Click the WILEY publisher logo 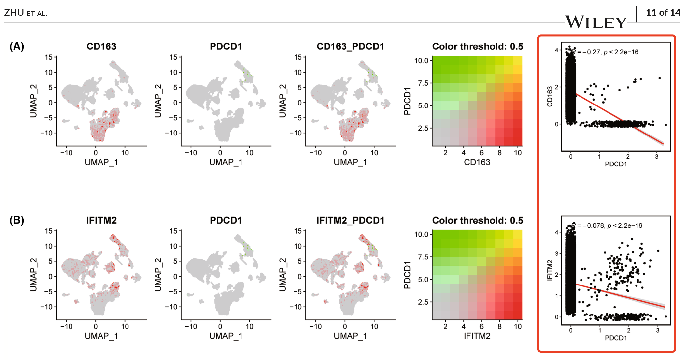pos(596,23)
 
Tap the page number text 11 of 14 pos(663,13)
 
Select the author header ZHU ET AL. pos(26,13)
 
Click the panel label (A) pos(17,46)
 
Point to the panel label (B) pos(17,220)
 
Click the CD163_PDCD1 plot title pos(350,47)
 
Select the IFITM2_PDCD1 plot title pos(350,221)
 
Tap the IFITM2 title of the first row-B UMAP pos(101,221)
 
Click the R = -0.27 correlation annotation pos(606,52)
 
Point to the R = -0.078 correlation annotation pos(608,226)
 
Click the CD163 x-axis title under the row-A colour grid pos(477,162)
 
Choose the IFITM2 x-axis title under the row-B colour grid pos(477,336)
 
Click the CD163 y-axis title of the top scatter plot pos(550,97)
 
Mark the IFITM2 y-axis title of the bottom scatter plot pos(550,270)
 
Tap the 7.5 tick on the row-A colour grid pos(423,83)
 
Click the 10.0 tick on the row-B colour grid pos(421,235)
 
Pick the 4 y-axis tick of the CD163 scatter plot pos(557,50)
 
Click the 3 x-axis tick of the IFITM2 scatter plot pos(658,330)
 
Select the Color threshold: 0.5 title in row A pos(477,47)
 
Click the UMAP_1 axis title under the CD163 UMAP pos(101,162)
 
